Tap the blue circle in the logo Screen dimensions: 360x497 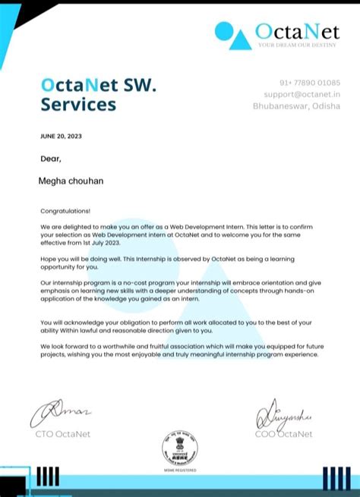pos(223,30)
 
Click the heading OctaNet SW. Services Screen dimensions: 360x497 pos(99,93)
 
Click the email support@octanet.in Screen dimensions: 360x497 pos(302,94)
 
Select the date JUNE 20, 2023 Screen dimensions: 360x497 pos(60,137)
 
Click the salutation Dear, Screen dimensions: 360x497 pos(51,159)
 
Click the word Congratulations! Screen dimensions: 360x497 pos(65,211)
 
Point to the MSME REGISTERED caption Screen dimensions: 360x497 pos(180,470)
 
